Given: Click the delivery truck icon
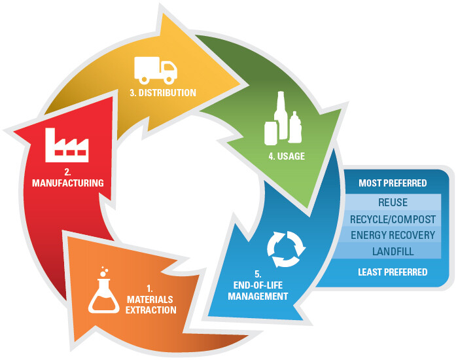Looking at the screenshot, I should pos(156,69).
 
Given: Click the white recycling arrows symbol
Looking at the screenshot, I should pos(286,248).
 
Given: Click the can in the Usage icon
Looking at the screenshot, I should pos(271,133).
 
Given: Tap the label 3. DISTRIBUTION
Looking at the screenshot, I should pos(163,93).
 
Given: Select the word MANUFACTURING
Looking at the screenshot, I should pos(68,183).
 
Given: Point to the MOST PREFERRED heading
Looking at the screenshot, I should pos(393,183).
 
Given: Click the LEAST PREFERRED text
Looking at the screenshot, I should pos(393,272).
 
